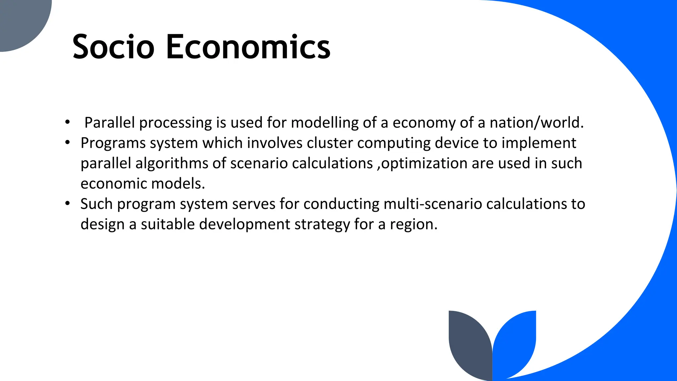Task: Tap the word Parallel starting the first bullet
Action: click(109, 123)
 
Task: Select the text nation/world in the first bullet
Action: click(536, 123)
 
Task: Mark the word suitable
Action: click(168, 225)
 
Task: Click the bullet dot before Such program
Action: click(68, 203)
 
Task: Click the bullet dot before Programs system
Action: click(68, 143)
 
